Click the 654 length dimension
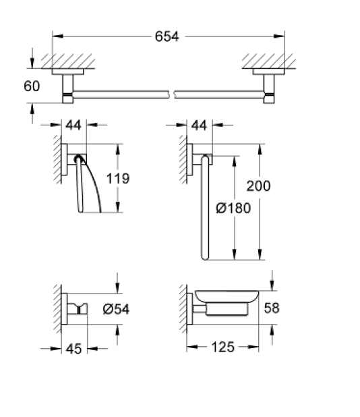167,36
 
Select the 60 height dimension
32,86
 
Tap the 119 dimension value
118,178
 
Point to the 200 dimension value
258,186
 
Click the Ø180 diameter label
233,208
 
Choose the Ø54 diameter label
116,309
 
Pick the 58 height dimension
272,308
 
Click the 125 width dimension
222,347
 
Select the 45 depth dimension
74,349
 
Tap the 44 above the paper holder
73,125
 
